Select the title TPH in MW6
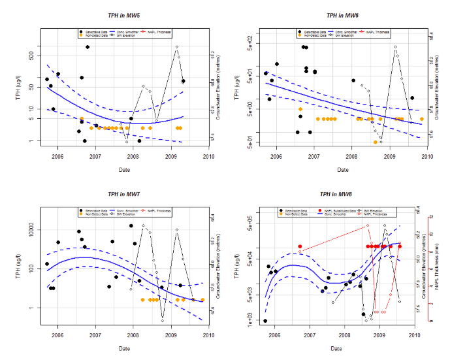[342, 14]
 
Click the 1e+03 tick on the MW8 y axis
[249, 321]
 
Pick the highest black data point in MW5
[88, 47]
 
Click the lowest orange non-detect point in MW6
[375, 142]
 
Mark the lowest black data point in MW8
[265, 321]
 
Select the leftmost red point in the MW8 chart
[300, 246]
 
